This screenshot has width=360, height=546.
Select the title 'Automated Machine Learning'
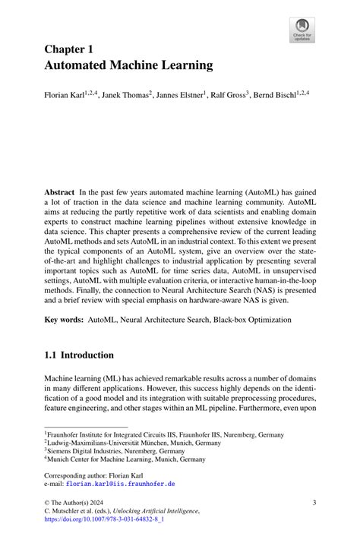[x=128, y=66]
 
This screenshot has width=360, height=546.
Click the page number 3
[x=314, y=502]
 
